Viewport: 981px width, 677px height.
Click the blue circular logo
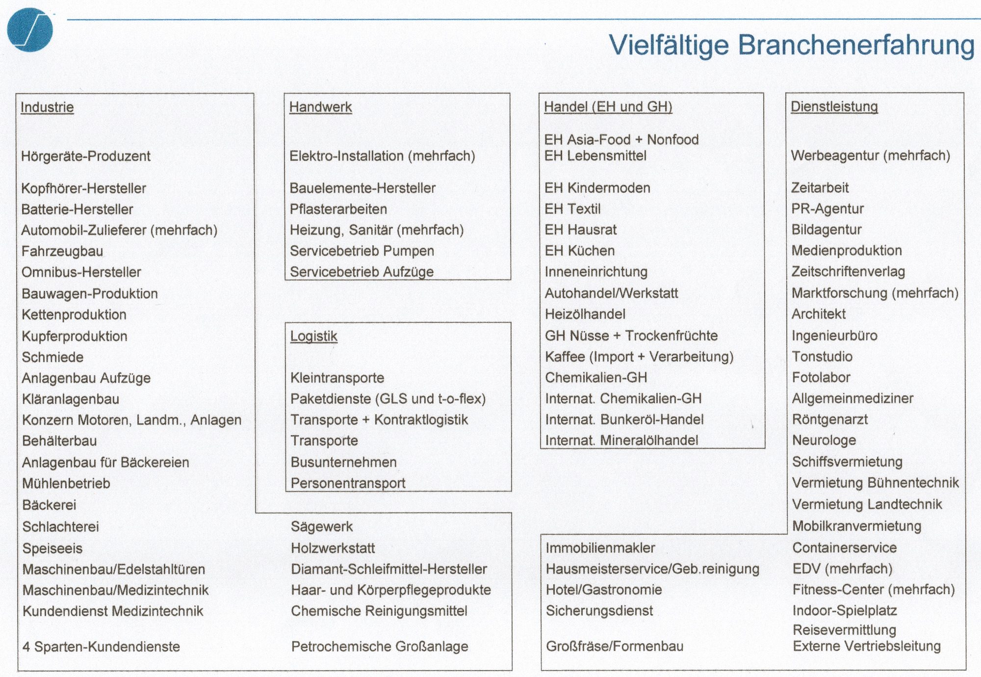[x=30, y=29]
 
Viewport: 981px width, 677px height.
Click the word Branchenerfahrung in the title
[x=856, y=45]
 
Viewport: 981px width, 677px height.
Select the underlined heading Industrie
[x=47, y=107]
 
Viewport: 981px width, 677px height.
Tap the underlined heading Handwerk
[x=320, y=107]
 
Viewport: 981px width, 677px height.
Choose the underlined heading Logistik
[x=314, y=336]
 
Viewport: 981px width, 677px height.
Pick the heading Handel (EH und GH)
[x=608, y=106]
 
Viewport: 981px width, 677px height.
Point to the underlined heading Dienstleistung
[x=834, y=106]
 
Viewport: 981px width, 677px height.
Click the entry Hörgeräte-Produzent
[x=86, y=156]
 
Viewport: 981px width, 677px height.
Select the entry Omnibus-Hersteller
[x=81, y=272]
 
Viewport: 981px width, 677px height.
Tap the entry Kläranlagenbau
[x=71, y=399]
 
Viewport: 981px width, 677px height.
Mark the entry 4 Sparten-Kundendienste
[x=101, y=647]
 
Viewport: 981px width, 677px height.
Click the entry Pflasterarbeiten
[x=338, y=209]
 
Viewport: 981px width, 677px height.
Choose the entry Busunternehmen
[x=343, y=462]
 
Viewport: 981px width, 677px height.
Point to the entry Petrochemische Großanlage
[x=380, y=647]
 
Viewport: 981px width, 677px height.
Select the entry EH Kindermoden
[x=597, y=188]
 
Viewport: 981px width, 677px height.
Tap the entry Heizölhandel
[x=585, y=314]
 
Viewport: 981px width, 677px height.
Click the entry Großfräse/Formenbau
[x=615, y=646]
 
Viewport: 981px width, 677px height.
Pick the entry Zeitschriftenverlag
[x=848, y=272]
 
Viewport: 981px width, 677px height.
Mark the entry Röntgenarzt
[x=830, y=419]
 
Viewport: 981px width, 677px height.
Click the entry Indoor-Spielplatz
[x=845, y=610]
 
